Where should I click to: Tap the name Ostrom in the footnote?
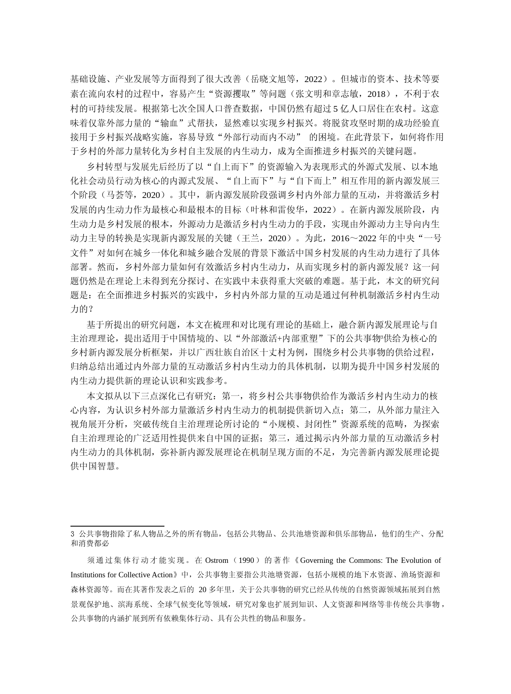click(217, 560)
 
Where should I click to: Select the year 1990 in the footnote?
click(246, 560)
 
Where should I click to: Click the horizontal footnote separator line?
click(117, 526)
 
